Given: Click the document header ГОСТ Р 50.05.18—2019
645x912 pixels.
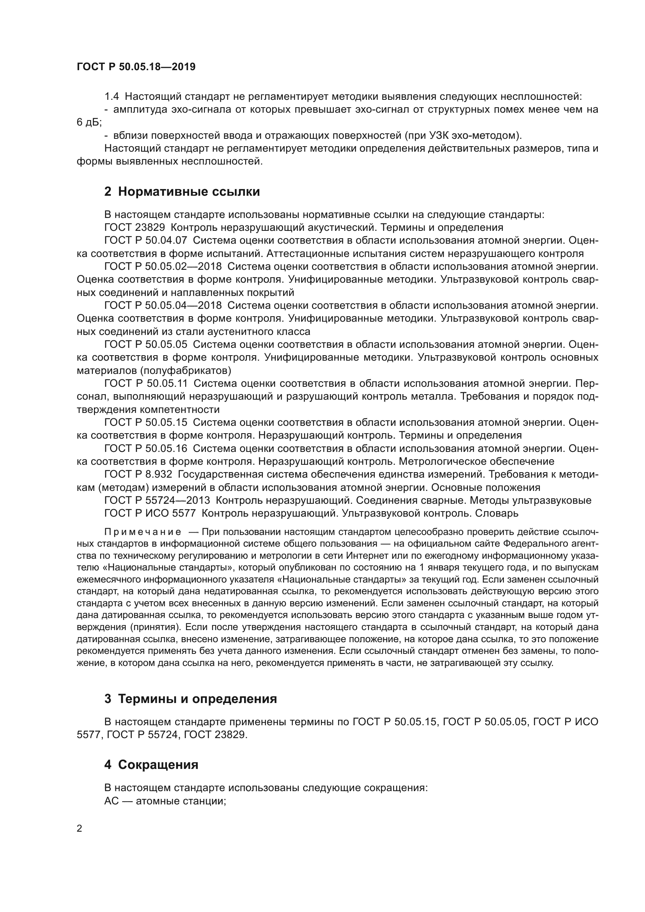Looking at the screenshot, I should click(136, 67).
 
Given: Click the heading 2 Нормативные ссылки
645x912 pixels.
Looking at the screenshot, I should click(182, 192).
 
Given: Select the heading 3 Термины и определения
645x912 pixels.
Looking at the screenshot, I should click(190, 699).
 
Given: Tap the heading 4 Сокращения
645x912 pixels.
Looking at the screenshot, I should click(151, 765).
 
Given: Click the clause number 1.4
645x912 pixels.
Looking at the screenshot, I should click(112, 97).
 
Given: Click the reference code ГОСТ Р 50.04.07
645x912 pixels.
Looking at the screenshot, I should click(146, 240).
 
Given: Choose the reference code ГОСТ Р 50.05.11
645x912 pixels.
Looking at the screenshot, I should click(146, 383).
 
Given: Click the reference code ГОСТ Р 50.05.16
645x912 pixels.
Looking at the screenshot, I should click(146, 448).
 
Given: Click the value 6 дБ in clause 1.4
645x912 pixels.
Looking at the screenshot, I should click(89, 123).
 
